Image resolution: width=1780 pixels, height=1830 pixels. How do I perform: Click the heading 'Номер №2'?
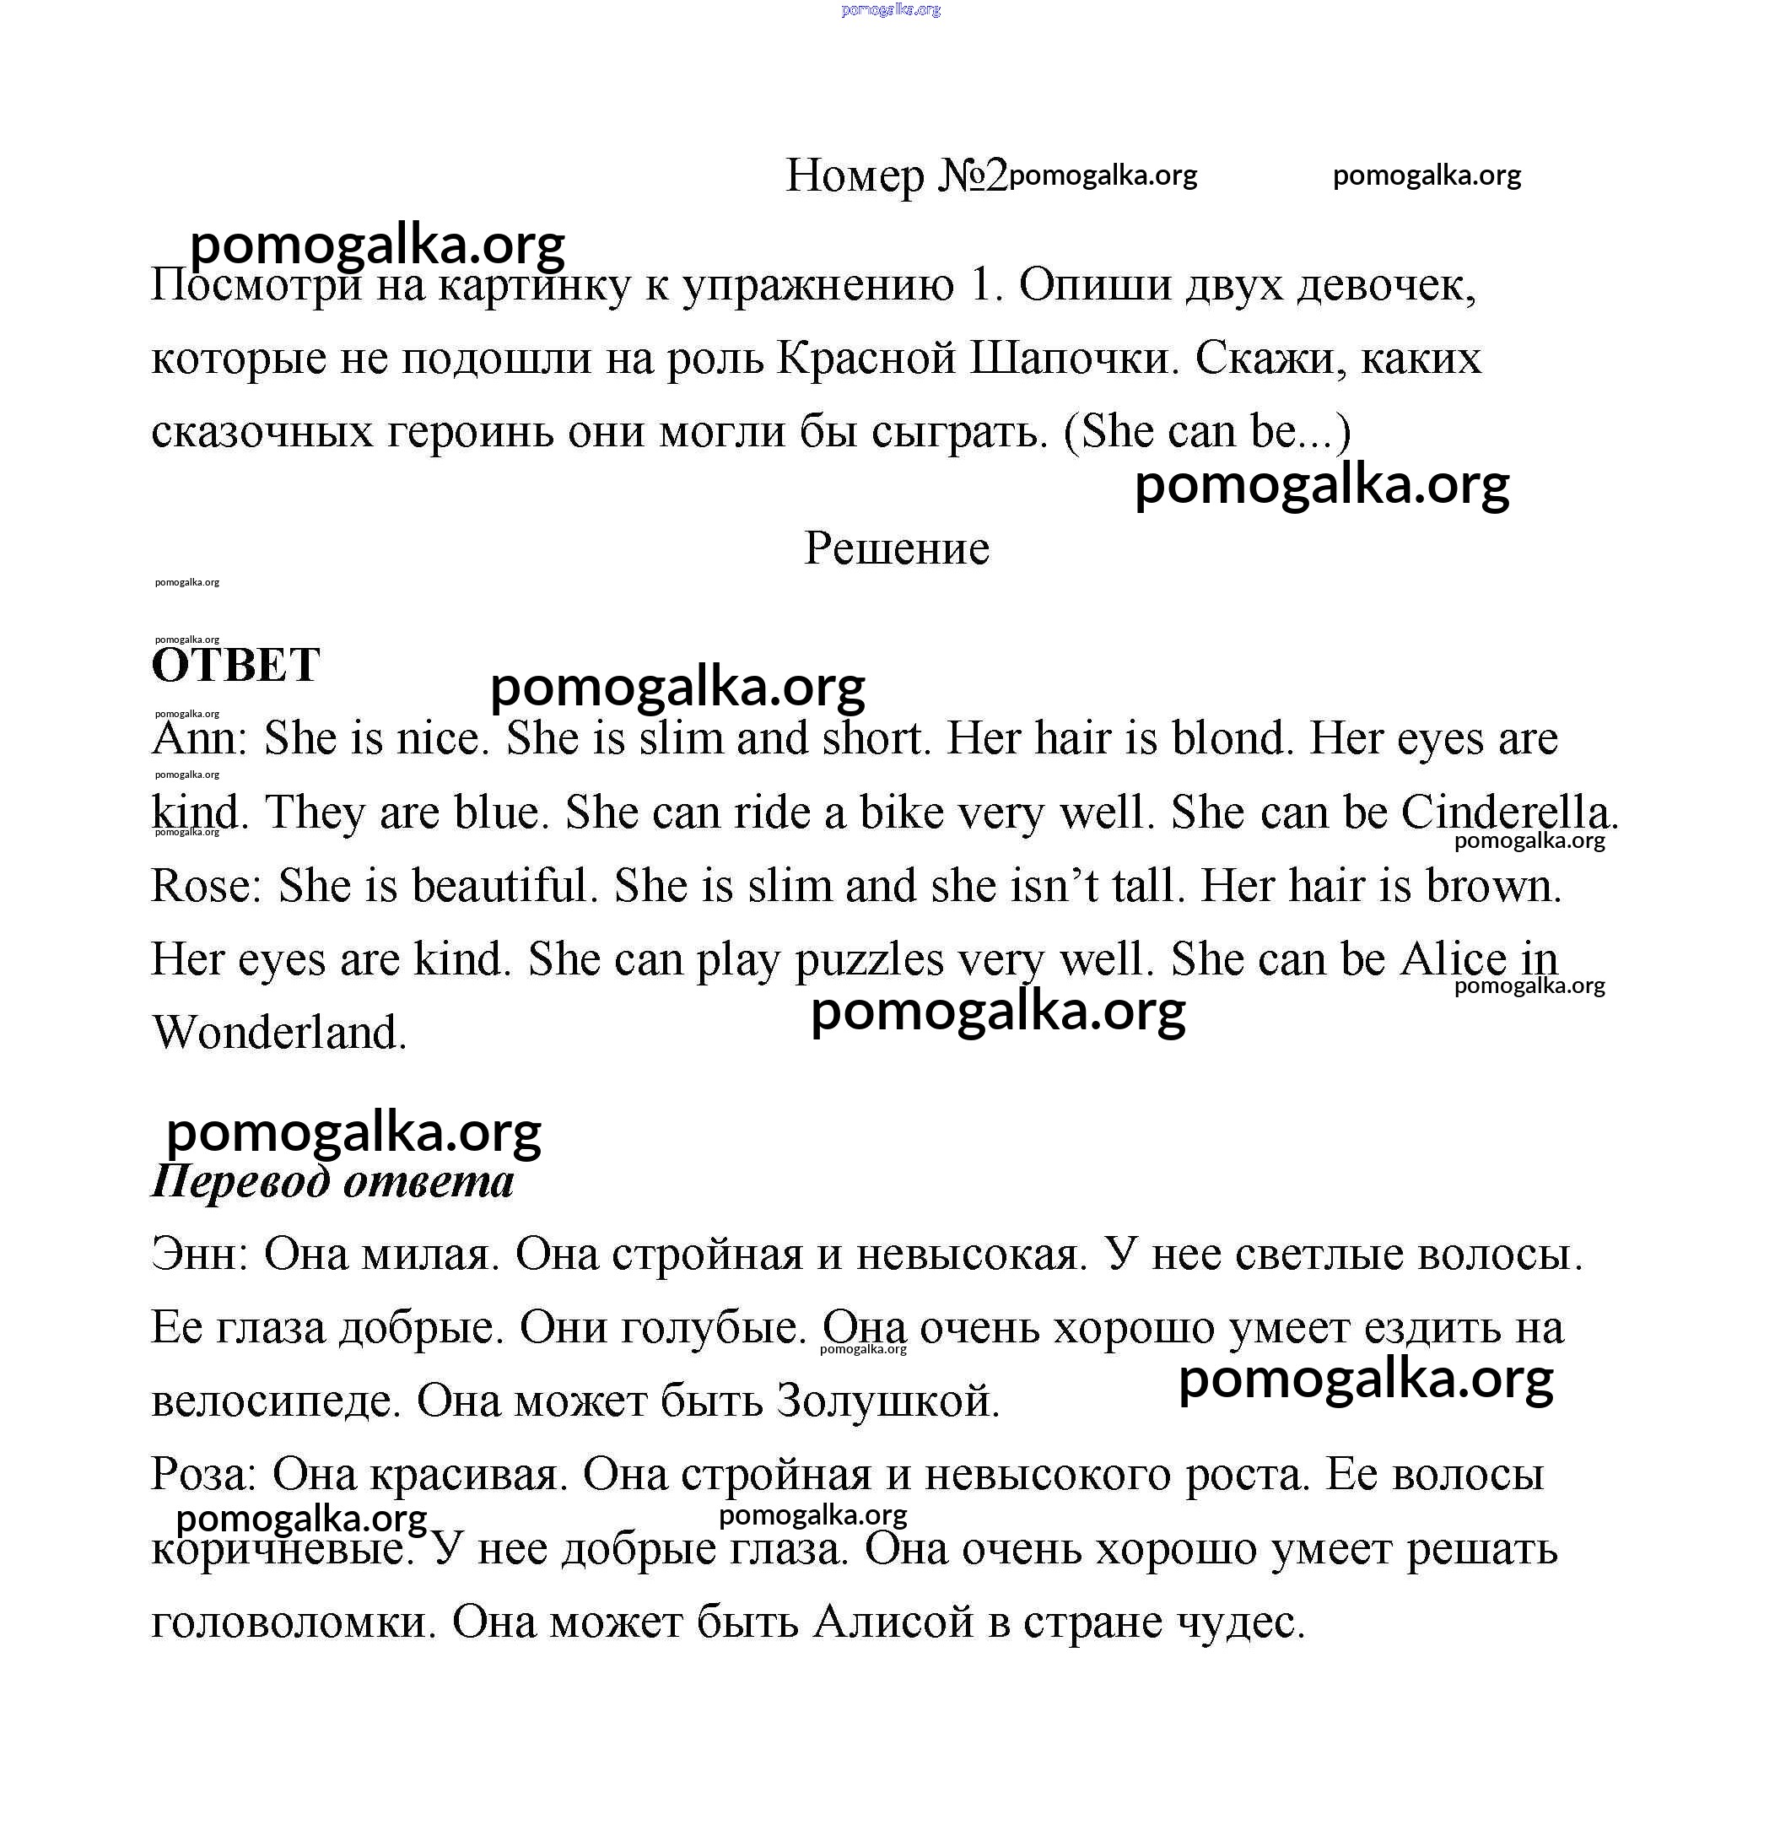tap(896, 175)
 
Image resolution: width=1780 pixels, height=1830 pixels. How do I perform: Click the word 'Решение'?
tap(897, 548)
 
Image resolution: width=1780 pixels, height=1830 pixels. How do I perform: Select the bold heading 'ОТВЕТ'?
tap(235, 666)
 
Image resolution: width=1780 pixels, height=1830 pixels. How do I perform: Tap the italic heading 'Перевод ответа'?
tap(333, 1182)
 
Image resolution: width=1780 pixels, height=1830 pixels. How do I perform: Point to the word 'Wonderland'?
tap(278, 1034)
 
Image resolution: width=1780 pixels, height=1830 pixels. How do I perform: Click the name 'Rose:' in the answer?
tap(207, 886)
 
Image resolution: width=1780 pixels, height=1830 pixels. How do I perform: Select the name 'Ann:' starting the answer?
tap(199, 737)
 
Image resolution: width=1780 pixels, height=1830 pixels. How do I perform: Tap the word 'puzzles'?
tap(870, 959)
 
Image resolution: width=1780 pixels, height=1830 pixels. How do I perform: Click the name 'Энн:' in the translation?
tap(199, 1254)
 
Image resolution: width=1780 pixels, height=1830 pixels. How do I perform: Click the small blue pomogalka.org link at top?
tap(890, 9)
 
